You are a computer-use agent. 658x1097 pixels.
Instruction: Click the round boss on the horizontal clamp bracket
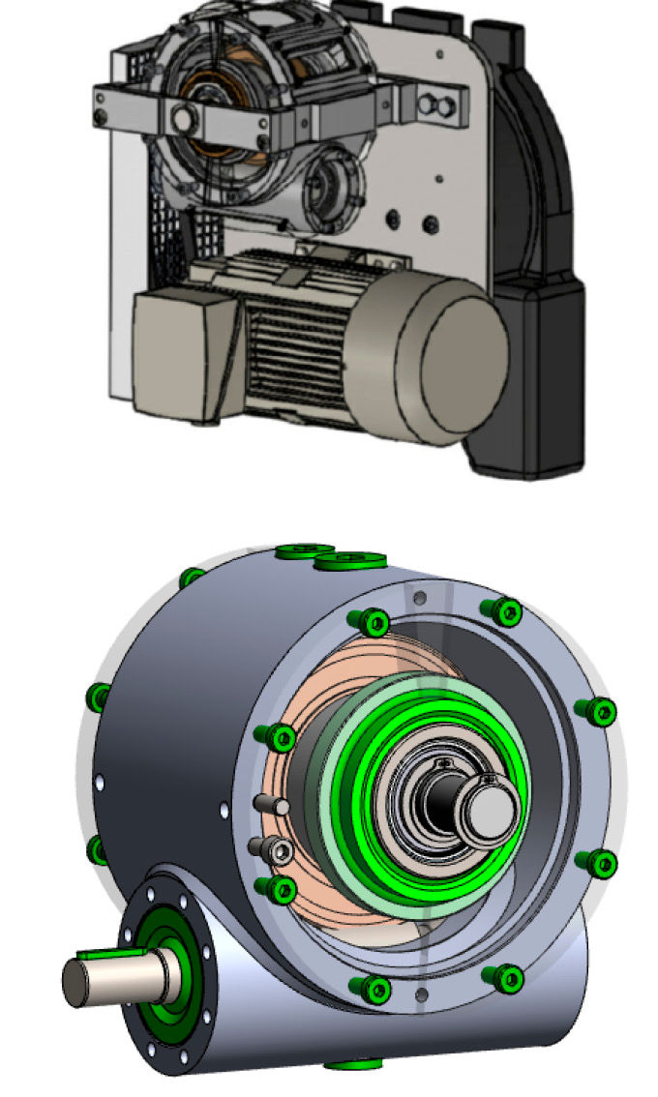click(x=180, y=118)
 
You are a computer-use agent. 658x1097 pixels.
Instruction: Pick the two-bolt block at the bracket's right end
click(x=441, y=103)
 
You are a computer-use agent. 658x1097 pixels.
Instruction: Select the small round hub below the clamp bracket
click(x=323, y=186)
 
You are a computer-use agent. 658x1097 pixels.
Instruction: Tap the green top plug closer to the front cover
click(x=353, y=558)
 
